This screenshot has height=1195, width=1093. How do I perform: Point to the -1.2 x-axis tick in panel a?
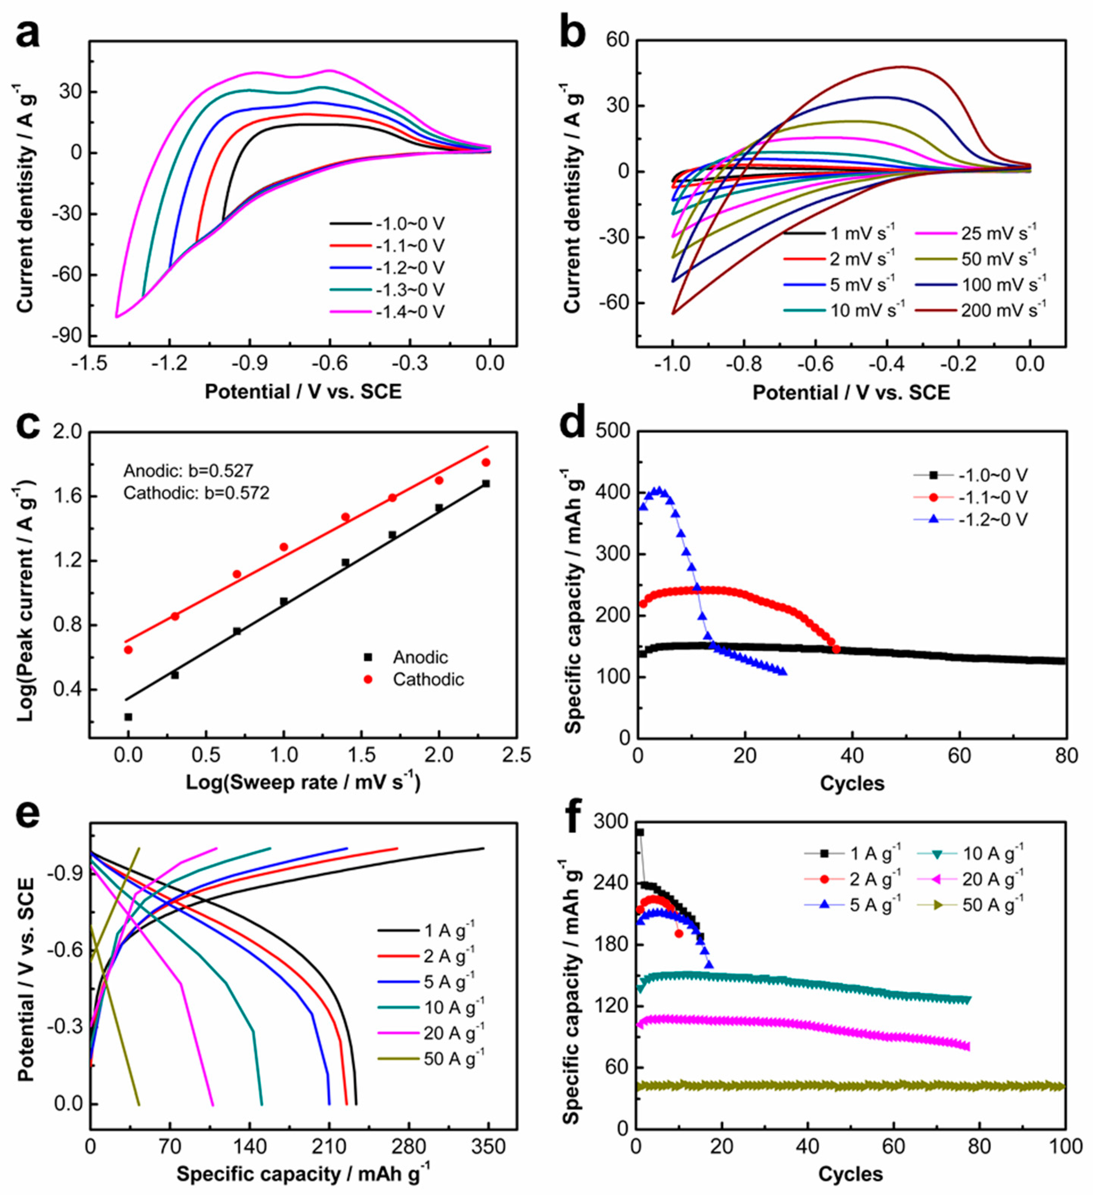click(x=170, y=363)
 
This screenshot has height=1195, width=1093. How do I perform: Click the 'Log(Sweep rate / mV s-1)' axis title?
click(x=303, y=783)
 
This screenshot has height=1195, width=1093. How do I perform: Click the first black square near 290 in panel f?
click(x=640, y=832)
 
